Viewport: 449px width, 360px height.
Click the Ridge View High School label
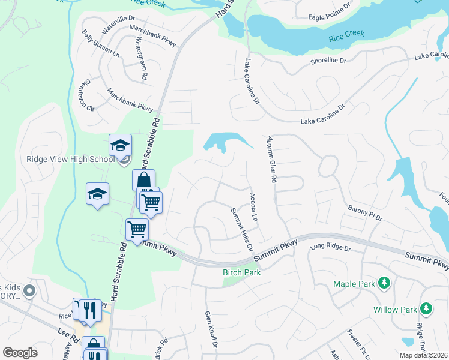point(70,159)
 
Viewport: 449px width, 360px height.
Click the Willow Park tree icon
point(426,309)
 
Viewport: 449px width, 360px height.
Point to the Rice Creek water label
point(346,39)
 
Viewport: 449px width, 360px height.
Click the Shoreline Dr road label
point(329,61)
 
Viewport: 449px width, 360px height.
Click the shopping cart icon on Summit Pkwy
point(137,229)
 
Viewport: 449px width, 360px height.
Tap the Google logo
point(20,353)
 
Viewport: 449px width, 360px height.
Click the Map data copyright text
point(421,355)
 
